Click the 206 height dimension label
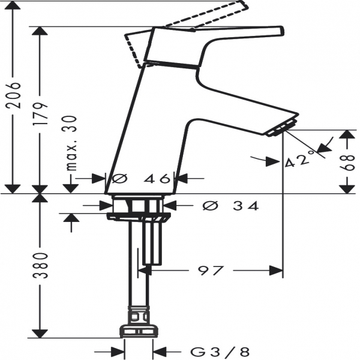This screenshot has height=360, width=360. coord(13,95)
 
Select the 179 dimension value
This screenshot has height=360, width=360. coord(40,113)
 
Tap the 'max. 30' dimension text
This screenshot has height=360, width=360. coord(71,143)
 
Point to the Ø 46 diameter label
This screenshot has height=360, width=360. coord(142,178)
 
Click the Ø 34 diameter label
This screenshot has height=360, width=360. coord(231,205)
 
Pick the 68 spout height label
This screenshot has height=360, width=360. coord(347,163)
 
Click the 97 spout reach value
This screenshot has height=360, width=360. coord(211,271)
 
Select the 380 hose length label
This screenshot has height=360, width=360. coord(40,265)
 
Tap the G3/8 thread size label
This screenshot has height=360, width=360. coord(220,352)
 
